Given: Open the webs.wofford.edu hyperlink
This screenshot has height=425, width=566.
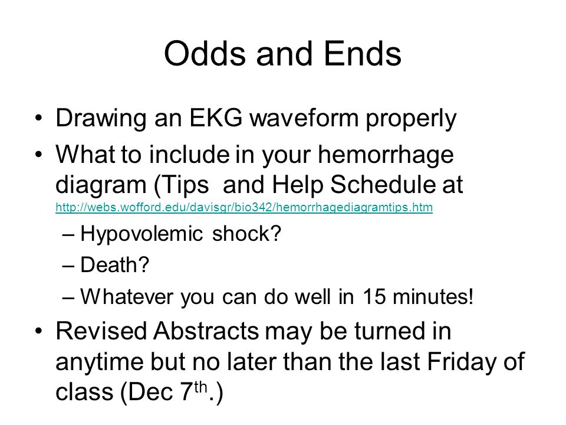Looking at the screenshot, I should click(244, 208).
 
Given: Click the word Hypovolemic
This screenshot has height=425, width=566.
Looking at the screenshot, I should click(142, 235).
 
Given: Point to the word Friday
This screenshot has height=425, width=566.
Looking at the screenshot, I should click(455, 361).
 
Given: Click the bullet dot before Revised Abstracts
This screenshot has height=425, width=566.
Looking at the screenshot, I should click(39, 332).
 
